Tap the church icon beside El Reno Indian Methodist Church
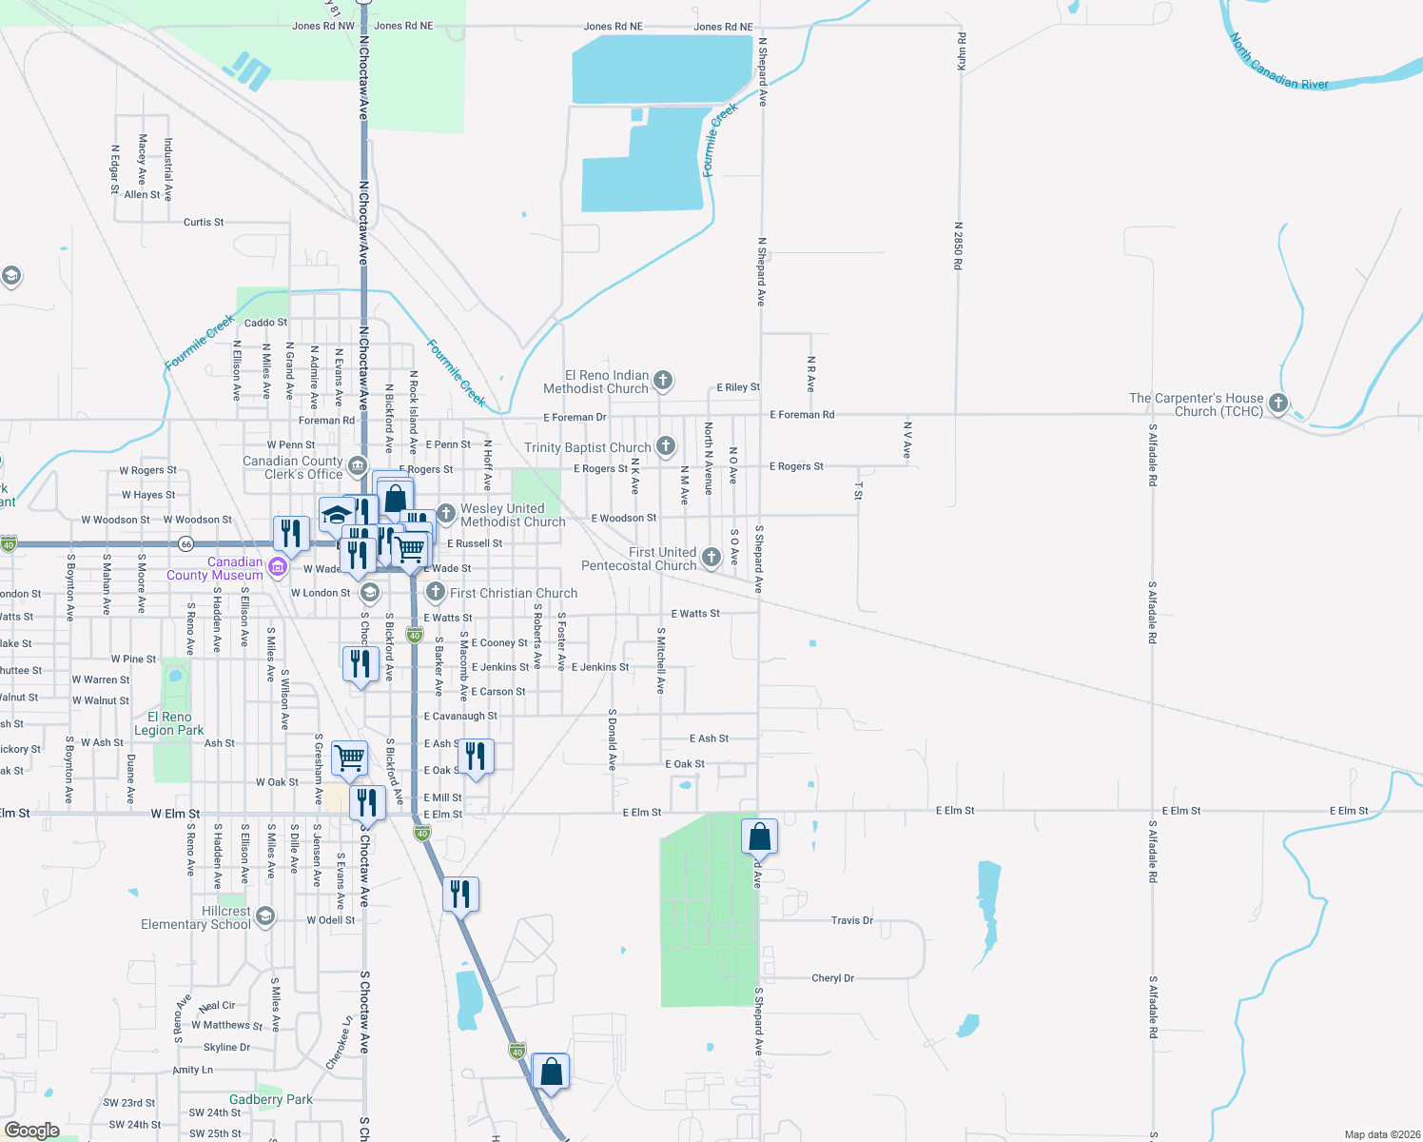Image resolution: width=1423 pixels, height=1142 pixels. coord(663,381)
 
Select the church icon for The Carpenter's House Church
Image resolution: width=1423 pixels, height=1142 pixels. coord(1278,404)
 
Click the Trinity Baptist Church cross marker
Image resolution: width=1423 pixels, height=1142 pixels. coord(666,445)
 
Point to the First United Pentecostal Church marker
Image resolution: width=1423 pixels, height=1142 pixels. coord(711,557)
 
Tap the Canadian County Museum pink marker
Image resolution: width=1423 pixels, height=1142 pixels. coord(278,568)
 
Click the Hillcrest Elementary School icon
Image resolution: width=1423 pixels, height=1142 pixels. coord(265,916)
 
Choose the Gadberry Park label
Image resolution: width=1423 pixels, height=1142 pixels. coord(270,1099)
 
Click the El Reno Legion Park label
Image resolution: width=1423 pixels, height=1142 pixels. coord(169,724)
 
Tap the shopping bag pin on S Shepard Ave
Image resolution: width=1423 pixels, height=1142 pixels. coord(759,837)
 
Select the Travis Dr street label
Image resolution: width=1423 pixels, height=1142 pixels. coord(851,920)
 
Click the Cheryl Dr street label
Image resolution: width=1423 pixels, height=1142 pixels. coord(832,978)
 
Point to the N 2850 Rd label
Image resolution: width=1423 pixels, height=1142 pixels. coord(959,246)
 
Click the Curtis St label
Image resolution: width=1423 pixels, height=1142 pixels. coord(204,223)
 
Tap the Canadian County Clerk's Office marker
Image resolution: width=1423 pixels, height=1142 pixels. coord(358,465)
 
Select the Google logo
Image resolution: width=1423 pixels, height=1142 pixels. coord(32,1130)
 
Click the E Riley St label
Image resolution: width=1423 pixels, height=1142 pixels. coord(738,387)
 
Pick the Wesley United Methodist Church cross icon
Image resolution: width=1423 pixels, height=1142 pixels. coord(445,514)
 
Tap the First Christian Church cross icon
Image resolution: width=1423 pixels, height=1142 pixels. coord(435,592)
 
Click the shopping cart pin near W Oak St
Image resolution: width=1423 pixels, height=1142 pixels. coord(350,758)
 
